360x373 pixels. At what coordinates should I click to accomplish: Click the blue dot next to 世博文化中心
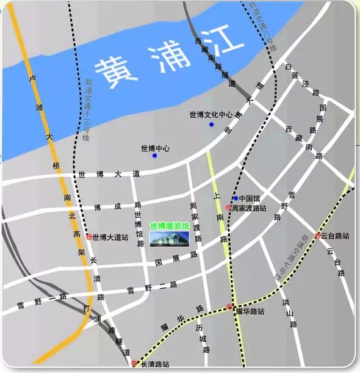coord(212,125)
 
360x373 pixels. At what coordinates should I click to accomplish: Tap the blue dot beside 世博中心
coord(154,156)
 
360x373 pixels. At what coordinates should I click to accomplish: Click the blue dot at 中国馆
coord(236,198)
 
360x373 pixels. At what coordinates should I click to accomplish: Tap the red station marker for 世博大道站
coord(89,236)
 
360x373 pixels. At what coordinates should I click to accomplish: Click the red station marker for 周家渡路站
coord(228,208)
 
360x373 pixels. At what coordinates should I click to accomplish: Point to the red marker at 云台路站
coord(318,235)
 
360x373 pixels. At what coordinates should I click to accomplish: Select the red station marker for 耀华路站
coord(230,307)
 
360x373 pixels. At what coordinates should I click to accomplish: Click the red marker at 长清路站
coord(135,363)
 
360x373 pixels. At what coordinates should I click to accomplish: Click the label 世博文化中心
coord(211,114)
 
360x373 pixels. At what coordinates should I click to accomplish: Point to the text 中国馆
coord(250,198)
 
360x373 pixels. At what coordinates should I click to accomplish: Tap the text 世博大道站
coord(110,236)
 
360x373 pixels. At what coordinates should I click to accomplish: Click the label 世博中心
coord(155,148)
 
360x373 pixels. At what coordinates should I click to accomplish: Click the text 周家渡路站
coord(248,208)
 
